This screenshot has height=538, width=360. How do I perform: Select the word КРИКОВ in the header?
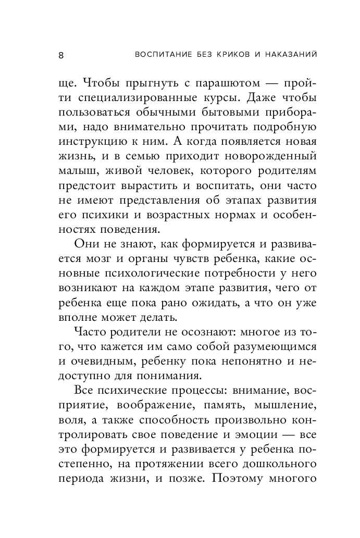point(213,54)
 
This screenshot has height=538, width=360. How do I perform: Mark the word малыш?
point(74,171)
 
